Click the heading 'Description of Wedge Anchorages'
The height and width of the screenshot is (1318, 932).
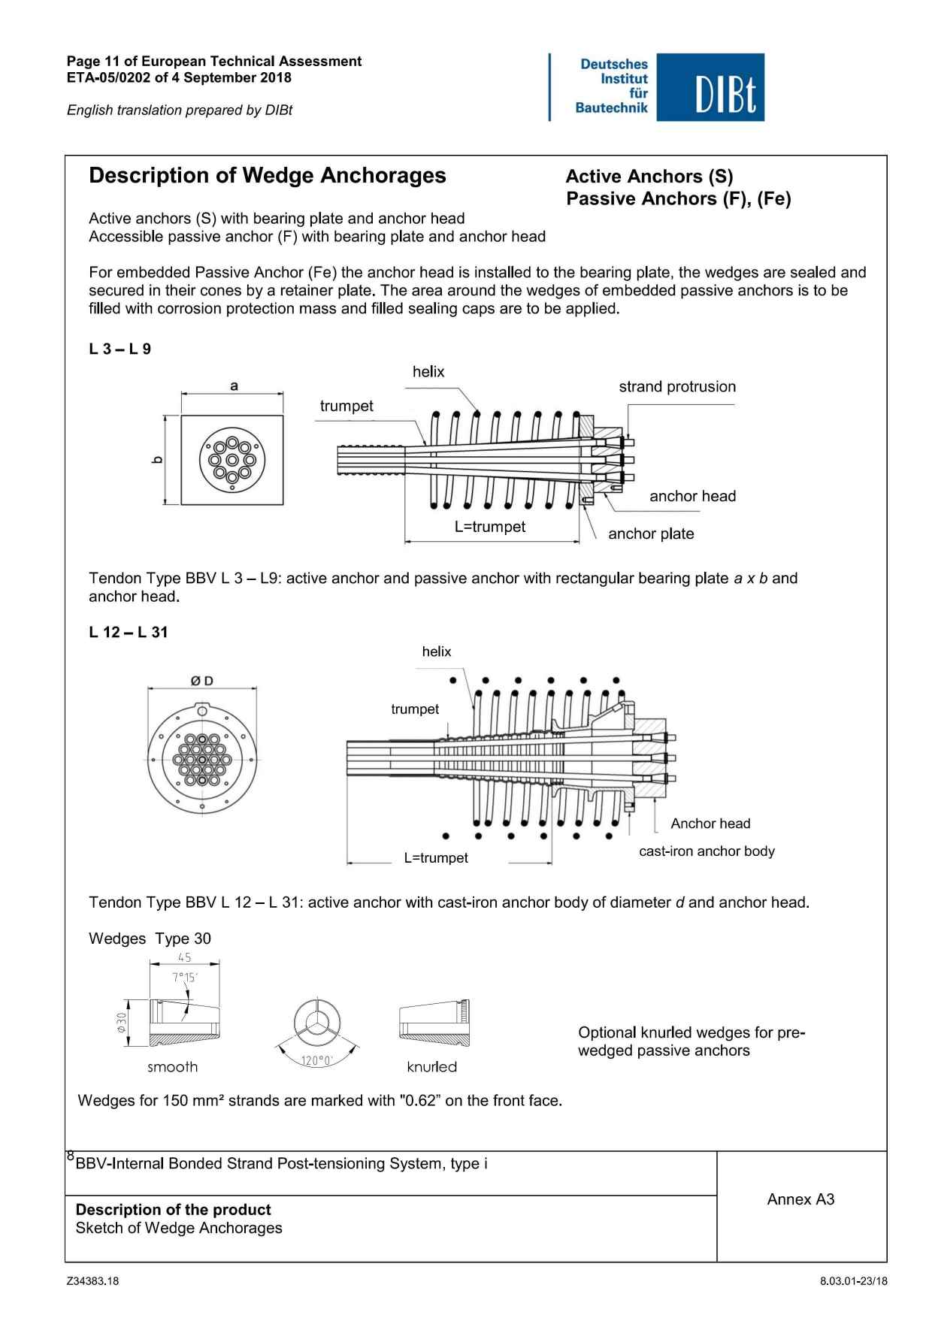click(x=267, y=176)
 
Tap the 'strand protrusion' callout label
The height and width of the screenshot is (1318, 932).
click(x=676, y=387)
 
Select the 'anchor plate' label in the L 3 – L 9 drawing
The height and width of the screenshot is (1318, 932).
click(x=650, y=534)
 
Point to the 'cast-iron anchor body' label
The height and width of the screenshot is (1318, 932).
click(x=706, y=851)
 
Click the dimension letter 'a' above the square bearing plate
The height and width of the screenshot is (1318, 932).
click(x=234, y=386)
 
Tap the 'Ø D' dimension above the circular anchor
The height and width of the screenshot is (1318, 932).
click(x=201, y=681)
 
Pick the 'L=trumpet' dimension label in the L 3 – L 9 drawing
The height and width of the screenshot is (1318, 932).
click(x=489, y=527)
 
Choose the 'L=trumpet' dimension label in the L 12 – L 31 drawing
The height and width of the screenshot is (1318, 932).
click(x=435, y=858)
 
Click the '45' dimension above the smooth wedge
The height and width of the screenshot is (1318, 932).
click(x=185, y=957)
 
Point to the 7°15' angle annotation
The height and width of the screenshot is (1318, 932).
click(x=184, y=977)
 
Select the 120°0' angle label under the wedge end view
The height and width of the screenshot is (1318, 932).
click(x=316, y=1060)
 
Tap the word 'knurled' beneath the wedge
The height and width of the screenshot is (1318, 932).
click(x=431, y=1067)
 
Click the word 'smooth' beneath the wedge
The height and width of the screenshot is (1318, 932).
click(x=172, y=1067)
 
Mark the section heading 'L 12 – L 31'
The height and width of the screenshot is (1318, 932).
click(x=128, y=632)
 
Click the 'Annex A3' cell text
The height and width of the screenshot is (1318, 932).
click(x=800, y=1199)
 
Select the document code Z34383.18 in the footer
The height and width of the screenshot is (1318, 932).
click(x=92, y=1282)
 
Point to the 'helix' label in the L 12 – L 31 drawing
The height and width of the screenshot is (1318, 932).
click(x=436, y=651)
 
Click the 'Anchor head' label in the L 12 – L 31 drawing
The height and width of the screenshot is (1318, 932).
click(x=710, y=824)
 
